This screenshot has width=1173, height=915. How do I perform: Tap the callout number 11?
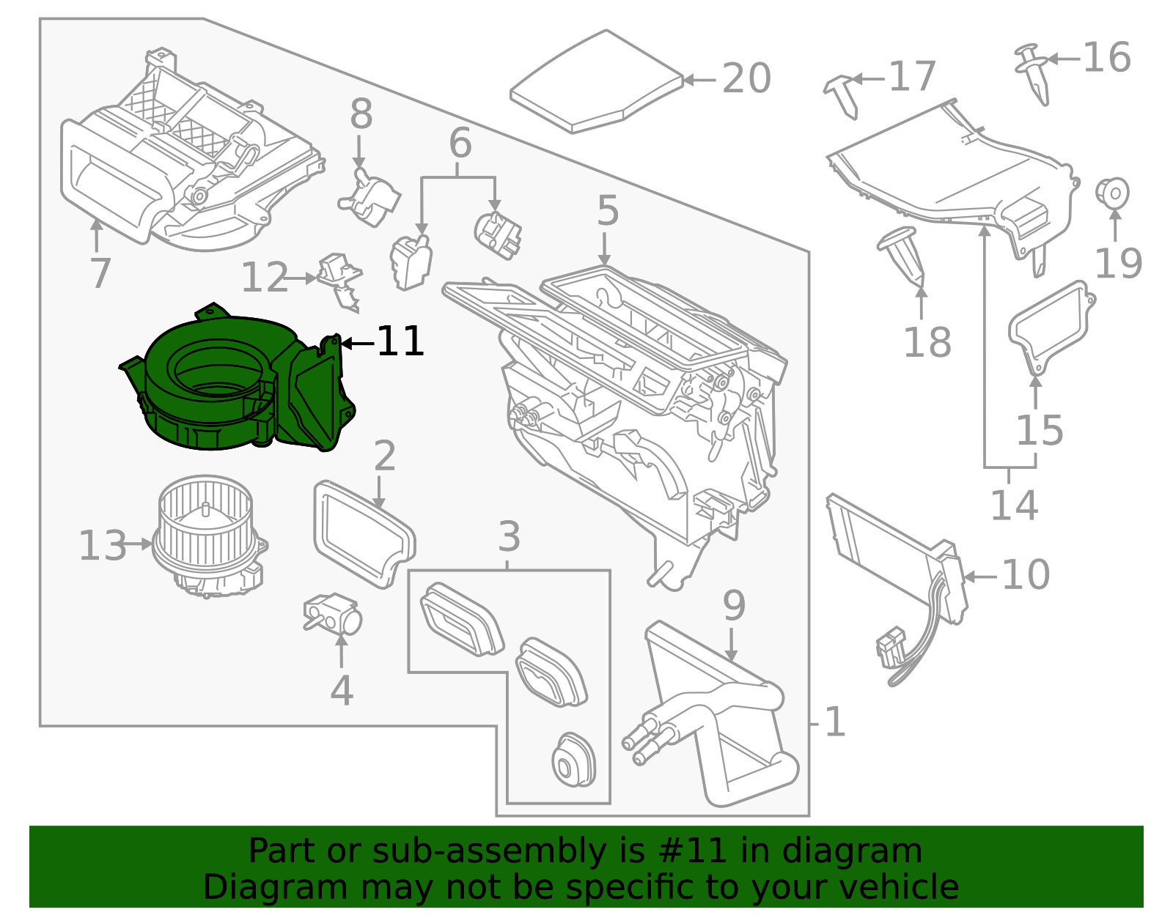pos(400,342)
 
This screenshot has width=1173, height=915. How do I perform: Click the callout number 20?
pos(746,78)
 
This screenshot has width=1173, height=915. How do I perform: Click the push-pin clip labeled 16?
pos(1034,71)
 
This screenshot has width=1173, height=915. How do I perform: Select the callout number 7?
pos(100,273)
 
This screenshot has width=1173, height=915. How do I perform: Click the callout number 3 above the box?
pos(509,537)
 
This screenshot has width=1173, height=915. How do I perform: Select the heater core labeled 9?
pos(715,714)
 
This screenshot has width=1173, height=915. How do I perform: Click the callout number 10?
pos(1025,575)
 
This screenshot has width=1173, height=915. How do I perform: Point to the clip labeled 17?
pos(843,93)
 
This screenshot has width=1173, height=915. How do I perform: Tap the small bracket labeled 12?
pos(339,279)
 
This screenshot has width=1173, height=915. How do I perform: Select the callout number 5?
pos(608,212)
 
